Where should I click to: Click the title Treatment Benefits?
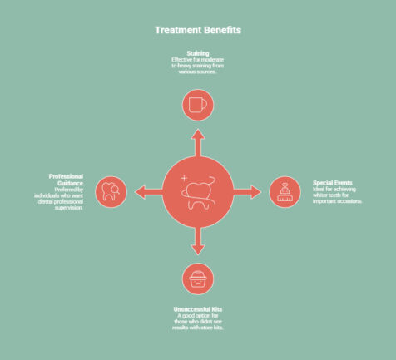(198, 30)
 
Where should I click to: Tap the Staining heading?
(198, 53)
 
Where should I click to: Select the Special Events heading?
(333, 183)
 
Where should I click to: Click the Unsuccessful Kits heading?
(198, 309)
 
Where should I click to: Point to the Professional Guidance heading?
(66, 180)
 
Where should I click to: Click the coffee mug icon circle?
(198, 105)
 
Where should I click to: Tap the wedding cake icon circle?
(285, 192)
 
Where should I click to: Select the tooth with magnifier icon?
(111, 192)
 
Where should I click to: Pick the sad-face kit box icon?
(198, 279)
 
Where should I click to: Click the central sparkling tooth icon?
(198, 192)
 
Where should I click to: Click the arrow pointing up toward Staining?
(198, 143)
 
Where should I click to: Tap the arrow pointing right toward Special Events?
(247, 192)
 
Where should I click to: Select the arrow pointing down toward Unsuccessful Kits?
(198, 241)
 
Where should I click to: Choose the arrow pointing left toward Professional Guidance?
(149, 192)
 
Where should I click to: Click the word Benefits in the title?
(223, 30)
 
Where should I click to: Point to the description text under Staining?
(198, 66)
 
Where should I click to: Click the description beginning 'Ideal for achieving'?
(338, 195)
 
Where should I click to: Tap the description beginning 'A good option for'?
(198, 322)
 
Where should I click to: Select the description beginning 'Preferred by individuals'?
(58, 199)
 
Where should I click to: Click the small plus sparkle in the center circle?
(184, 178)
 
